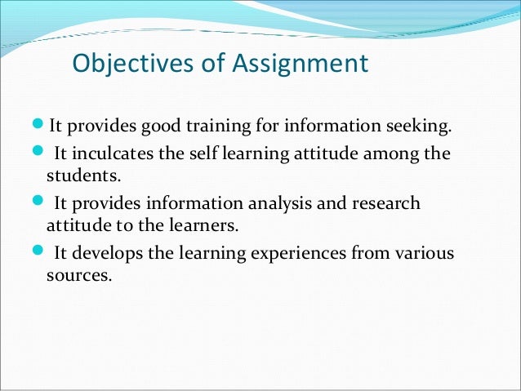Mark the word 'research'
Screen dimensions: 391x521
pyautogui.click(x=388, y=203)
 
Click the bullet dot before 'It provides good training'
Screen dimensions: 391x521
pyautogui.click(x=42, y=127)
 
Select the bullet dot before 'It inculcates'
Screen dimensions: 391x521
pyautogui.click(x=42, y=154)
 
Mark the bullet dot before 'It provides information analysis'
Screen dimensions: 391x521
pyautogui.click(x=42, y=202)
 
